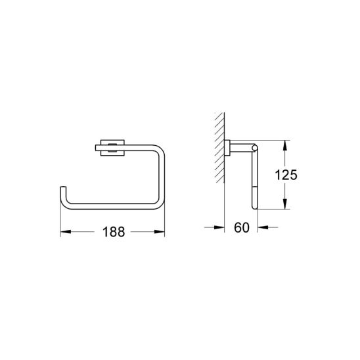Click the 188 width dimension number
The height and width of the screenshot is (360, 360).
[x=112, y=231]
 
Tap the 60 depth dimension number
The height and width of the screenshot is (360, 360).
[x=241, y=228]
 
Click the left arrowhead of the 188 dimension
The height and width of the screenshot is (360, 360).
[x=64, y=231]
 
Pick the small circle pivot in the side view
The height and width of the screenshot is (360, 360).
[x=252, y=147]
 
